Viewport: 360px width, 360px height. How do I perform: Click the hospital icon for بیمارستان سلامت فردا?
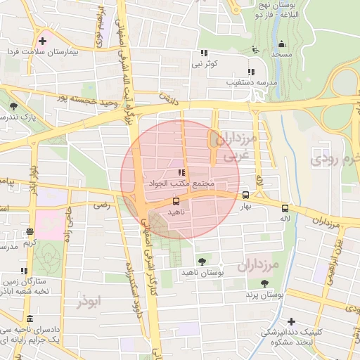click(x=43, y=40)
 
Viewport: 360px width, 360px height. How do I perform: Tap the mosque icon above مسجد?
click(x=281, y=44)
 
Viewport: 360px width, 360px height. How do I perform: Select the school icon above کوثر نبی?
click(x=204, y=53)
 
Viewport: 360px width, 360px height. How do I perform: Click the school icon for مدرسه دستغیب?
click(x=251, y=72)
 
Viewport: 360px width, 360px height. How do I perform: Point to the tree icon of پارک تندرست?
click(x=14, y=105)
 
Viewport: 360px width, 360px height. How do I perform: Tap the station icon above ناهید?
click(x=176, y=202)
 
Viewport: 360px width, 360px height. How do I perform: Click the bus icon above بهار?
click(x=245, y=195)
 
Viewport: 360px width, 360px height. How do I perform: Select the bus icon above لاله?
click(x=285, y=208)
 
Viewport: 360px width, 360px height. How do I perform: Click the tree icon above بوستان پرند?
click(x=264, y=284)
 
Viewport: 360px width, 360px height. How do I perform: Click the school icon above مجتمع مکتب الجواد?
click(x=181, y=172)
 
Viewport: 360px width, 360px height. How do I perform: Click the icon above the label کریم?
click(x=29, y=231)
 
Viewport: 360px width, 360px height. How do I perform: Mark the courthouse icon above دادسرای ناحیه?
click(x=30, y=319)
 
